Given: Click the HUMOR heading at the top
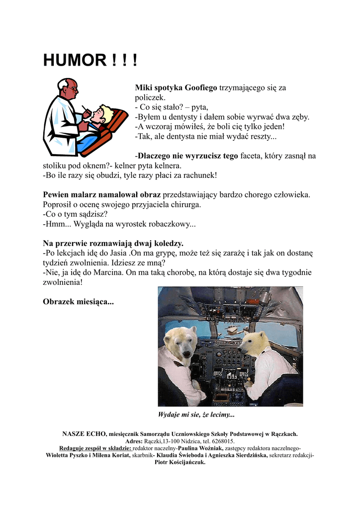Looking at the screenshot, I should (x=90, y=61).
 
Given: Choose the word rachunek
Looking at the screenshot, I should (x=198, y=175).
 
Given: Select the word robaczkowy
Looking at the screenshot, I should (x=167, y=224).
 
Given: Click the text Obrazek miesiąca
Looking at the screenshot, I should (x=78, y=302).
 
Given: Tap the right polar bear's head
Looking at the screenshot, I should (x=256, y=343).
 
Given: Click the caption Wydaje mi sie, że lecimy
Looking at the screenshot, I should (x=196, y=415).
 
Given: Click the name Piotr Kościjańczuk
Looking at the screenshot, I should (x=180, y=462).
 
